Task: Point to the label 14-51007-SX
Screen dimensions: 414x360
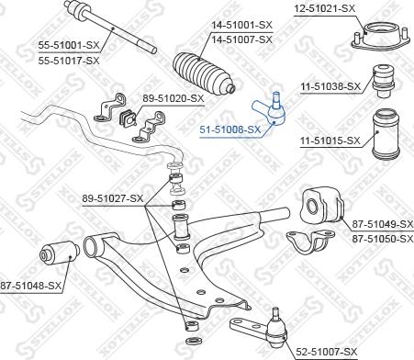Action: point(242,40)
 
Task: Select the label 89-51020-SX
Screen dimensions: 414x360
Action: point(173,97)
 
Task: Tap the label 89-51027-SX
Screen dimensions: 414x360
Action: point(113,197)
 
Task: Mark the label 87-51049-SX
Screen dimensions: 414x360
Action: point(383,224)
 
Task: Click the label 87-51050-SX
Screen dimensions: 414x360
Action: point(383,238)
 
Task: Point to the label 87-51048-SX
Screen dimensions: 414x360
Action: point(31,286)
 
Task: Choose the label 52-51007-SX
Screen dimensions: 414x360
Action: point(327,351)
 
